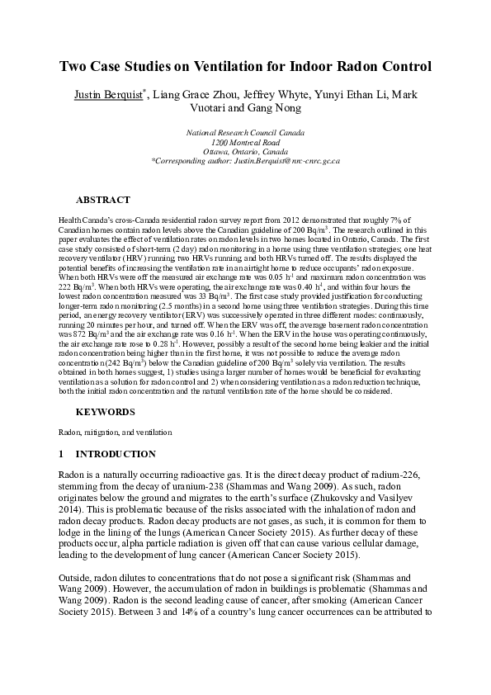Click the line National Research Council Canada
245,133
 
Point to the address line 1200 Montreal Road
245,143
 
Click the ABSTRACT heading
102,200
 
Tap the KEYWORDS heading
106,410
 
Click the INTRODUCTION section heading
116,454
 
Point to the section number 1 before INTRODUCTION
61,454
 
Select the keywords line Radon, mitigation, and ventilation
115,432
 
